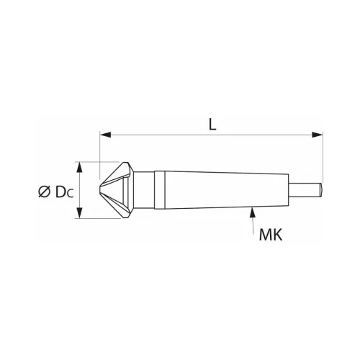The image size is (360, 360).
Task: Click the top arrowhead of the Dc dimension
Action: point(81,166)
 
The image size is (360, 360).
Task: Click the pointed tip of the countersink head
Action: point(99,190)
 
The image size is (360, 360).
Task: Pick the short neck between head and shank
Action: point(146,190)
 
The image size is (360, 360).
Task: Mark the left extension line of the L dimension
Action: point(99,148)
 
